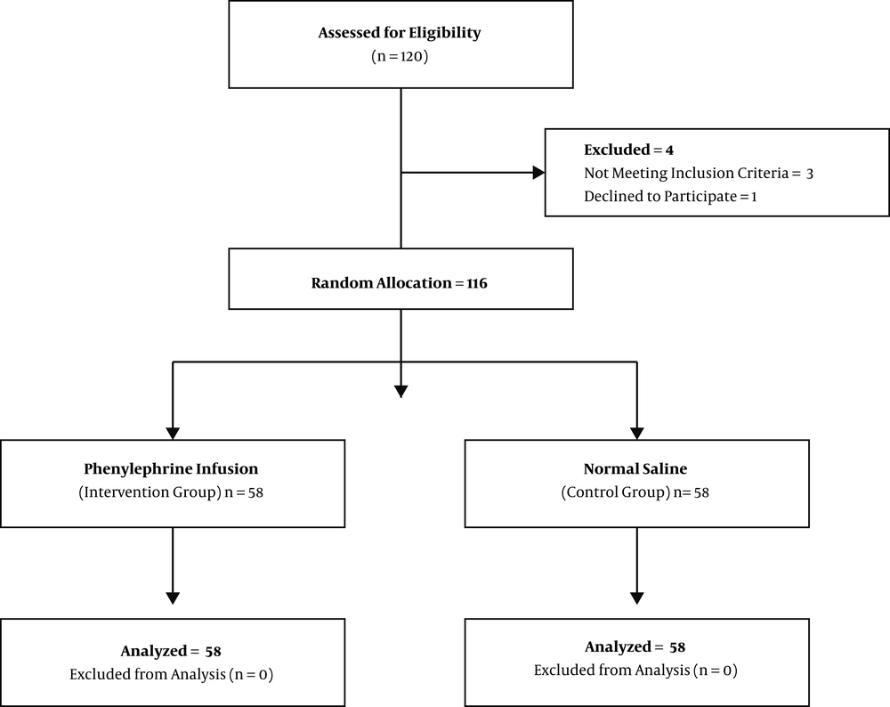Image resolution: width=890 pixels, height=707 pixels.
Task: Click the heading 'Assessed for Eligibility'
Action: (400, 33)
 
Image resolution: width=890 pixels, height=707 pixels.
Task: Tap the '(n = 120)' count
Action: (400, 56)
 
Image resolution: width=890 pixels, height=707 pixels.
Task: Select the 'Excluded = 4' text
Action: (629, 150)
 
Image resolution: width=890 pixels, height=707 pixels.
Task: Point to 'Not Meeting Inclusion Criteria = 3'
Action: (699, 174)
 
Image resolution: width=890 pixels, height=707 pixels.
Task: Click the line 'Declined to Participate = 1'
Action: (670, 197)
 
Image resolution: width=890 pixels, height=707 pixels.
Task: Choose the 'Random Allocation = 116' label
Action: (399, 283)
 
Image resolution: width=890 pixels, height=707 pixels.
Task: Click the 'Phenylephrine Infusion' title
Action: (171, 469)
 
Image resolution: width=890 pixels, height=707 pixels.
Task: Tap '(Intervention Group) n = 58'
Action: (171, 492)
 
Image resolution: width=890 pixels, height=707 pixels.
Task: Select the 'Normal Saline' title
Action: (635, 468)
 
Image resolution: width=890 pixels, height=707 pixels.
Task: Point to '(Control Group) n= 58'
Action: (635, 492)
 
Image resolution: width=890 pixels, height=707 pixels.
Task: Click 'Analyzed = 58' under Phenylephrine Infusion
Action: (171, 651)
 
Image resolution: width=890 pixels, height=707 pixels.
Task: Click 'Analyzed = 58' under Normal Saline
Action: (635, 646)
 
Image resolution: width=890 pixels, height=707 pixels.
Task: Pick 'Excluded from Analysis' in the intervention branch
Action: (148, 674)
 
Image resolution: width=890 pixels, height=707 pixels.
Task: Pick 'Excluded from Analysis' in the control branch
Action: (612, 670)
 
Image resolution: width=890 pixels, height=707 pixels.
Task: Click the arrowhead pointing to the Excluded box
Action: (538, 173)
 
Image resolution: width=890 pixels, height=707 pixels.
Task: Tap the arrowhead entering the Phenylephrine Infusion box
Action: (173, 434)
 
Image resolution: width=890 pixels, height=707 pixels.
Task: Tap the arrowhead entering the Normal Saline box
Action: (637, 434)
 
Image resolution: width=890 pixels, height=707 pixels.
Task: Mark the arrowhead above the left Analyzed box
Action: (173, 598)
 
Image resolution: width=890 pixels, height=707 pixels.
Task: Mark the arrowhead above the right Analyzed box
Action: (637, 598)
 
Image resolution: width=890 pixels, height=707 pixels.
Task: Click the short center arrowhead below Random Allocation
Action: (401, 392)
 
